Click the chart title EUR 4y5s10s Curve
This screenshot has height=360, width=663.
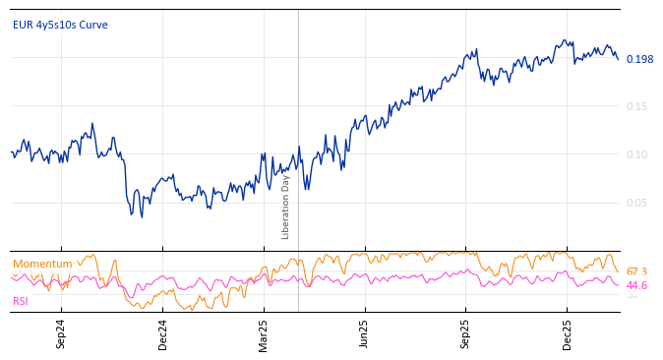click(x=60, y=25)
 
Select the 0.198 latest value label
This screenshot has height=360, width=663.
click(x=639, y=59)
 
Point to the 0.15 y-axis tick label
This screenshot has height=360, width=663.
click(x=637, y=106)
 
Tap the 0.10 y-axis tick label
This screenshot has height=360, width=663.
click(x=637, y=154)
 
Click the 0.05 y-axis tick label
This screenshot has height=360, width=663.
click(x=637, y=203)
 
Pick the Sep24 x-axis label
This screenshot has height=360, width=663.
click(x=61, y=333)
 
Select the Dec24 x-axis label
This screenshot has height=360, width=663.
click(x=162, y=333)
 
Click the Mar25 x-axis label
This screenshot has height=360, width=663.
click(x=264, y=333)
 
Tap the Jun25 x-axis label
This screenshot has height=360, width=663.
click(x=364, y=333)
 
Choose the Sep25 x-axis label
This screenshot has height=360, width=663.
click(x=465, y=333)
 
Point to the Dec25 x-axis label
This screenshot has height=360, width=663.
click(x=567, y=333)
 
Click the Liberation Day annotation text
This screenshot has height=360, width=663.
click(x=286, y=207)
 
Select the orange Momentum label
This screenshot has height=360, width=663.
click(x=42, y=264)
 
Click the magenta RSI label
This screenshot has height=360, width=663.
click(x=21, y=301)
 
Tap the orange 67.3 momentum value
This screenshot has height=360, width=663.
click(x=636, y=271)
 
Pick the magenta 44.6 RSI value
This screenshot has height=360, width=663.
click(x=636, y=285)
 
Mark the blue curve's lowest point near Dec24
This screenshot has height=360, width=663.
click(x=142, y=217)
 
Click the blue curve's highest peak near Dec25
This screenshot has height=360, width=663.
click(x=564, y=40)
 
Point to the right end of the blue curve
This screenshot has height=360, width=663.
click(x=619, y=59)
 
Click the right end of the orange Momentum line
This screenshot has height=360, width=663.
click(x=619, y=271)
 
